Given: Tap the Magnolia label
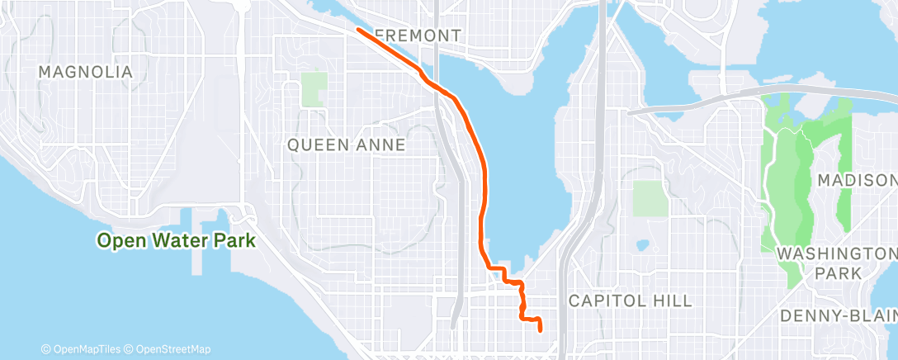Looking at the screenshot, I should point(85,73).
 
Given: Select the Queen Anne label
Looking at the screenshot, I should point(346,145).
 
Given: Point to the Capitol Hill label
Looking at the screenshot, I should point(630,301).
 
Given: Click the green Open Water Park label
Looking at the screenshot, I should point(175,241).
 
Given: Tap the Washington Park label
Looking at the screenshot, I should point(837,262).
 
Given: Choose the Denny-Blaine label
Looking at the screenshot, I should point(839,315).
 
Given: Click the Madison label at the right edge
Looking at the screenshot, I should point(857,181).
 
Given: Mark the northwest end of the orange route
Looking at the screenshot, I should point(358,30).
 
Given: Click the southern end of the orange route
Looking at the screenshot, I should point(540,329).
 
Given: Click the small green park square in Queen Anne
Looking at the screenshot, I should point(314,89).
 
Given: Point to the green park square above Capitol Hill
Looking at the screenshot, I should point(650,199).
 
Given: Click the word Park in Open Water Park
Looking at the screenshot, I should point(232,241).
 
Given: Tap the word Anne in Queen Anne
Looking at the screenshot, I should point(381,145).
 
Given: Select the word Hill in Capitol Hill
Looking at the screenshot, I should point(673,301).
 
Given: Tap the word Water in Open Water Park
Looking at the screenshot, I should point(180,241).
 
